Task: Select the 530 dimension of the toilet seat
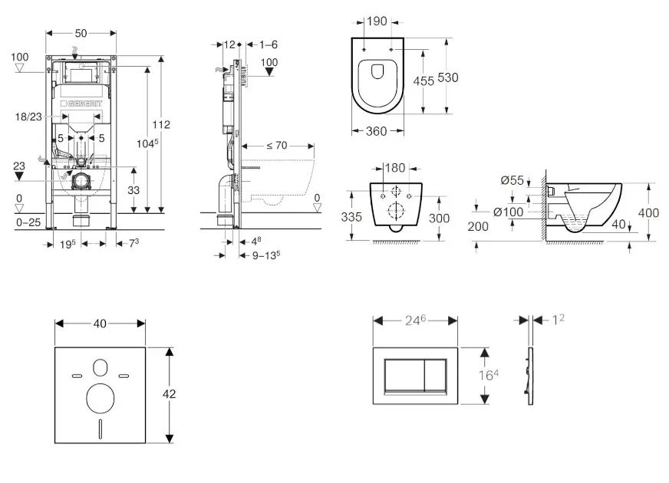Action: click(449, 78)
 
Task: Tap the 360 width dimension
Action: click(375, 131)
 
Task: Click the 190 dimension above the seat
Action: click(376, 21)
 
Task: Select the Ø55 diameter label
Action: click(513, 181)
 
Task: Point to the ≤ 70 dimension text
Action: click(277, 145)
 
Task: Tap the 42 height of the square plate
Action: click(170, 393)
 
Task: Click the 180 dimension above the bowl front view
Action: click(394, 167)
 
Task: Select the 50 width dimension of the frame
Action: click(81, 33)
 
